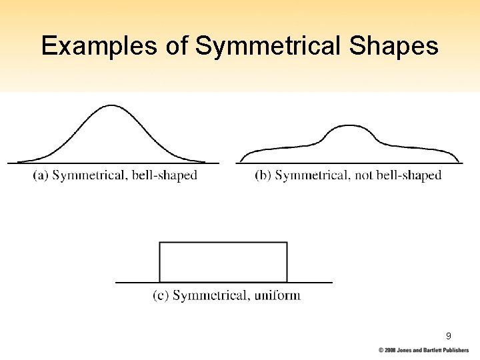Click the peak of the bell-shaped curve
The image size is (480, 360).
(112, 105)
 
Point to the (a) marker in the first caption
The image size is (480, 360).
(41, 176)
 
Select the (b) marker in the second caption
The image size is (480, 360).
(263, 176)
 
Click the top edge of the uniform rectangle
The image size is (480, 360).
(223, 243)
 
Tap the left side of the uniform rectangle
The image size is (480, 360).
(159, 262)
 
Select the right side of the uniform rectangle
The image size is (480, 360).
(287, 262)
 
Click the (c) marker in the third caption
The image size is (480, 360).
(161, 295)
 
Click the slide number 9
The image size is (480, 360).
(448, 336)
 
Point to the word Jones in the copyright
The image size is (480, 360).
(407, 350)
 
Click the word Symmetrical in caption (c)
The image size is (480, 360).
(210, 295)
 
